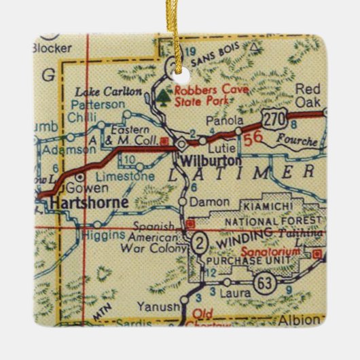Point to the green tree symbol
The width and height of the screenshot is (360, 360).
[x=164, y=99]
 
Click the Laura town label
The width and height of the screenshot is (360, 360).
[x=234, y=292]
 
